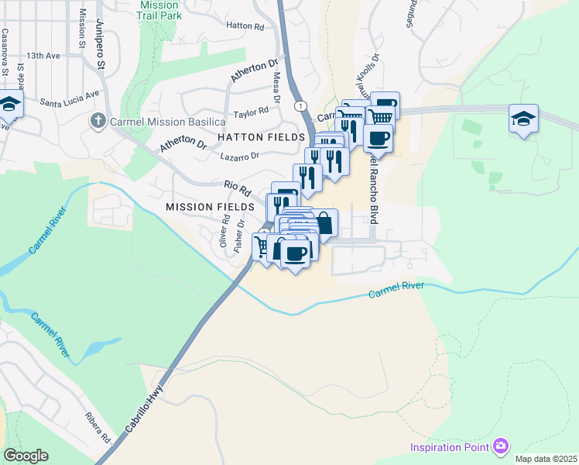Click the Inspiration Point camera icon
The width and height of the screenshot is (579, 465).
tap(501, 446)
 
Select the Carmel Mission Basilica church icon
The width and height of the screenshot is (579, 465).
tap(97, 122)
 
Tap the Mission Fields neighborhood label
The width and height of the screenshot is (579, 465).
tap(209, 207)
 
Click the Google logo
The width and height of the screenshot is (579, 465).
tap(26, 456)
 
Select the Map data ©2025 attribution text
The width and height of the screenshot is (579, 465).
tap(546, 459)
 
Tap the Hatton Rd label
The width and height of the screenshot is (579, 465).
tap(245, 26)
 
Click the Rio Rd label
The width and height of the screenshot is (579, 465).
tap(238, 188)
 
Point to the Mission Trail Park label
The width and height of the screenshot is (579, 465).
tap(159, 9)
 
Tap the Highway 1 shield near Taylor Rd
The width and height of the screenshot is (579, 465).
tap(298, 105)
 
